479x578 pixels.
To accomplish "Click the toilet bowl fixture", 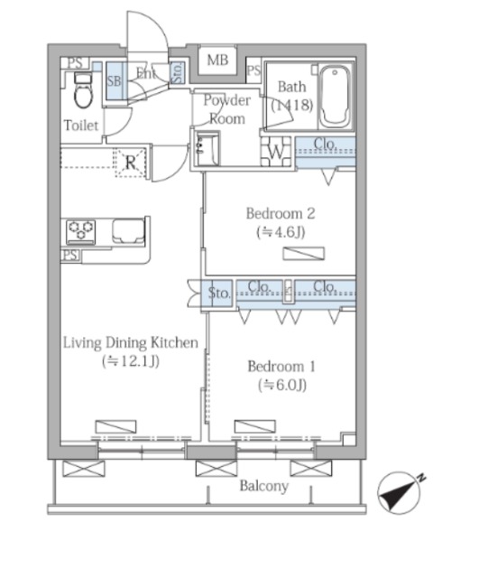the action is pos(83,90).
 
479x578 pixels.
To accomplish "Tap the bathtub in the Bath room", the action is pos(335,97).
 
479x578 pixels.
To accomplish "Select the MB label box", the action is pos(217,60).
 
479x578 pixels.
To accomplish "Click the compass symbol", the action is pos(401,492).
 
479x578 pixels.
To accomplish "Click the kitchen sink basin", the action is pos(128,231).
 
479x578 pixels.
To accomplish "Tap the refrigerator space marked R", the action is pos(131,163).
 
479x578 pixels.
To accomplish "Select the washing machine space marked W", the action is pos(276,152).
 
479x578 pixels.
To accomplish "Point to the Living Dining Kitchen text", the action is pos(131,342).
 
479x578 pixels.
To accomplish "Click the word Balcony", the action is pos(264,486).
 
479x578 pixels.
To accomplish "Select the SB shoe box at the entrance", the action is pos(115,81).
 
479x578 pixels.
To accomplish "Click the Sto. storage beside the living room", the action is pos(218,293).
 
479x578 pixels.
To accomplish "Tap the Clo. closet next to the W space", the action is pos(326,152).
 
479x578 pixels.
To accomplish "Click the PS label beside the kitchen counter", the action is pos(70,255).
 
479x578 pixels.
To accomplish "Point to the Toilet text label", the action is pos(81,126).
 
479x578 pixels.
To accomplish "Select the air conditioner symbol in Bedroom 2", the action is pos(304,254).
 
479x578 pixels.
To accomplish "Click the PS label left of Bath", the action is pos(253,70).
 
